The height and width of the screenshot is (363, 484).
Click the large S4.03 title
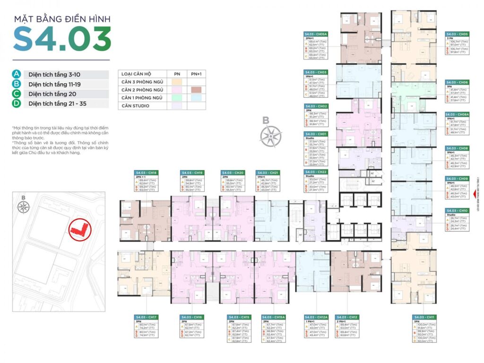coord(62,39)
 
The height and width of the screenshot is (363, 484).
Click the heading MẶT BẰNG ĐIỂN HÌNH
coord(62,19)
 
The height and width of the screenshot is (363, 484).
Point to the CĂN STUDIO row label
coord(135,106)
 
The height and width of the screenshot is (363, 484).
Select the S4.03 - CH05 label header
coord(457,34)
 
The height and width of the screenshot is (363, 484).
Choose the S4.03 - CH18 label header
coord(146,173)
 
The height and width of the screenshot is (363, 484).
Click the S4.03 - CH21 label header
coord(268,173)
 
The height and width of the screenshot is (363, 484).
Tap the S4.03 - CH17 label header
coord(146,317)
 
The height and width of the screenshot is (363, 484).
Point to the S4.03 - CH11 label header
coord(423,317)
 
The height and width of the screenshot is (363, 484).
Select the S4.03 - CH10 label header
coord(457,210)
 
